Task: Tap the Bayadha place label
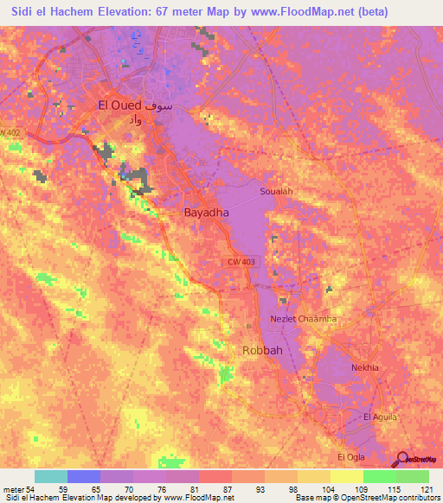pyautogui.click(x=206, y=212)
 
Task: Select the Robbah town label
pyautogui.click(x=260, y=351)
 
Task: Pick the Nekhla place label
pyautogui.click(x=364, y=367)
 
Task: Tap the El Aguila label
pyautogui.click(x=380, y=417)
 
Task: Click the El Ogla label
pyautogui.click(x=353, y=455)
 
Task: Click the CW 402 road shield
pyautogui.click(x=9, y=131)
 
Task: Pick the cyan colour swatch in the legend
pyautogui.click(x=51, y=476)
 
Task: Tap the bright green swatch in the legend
pyautogui.click(x=379, y=476)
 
